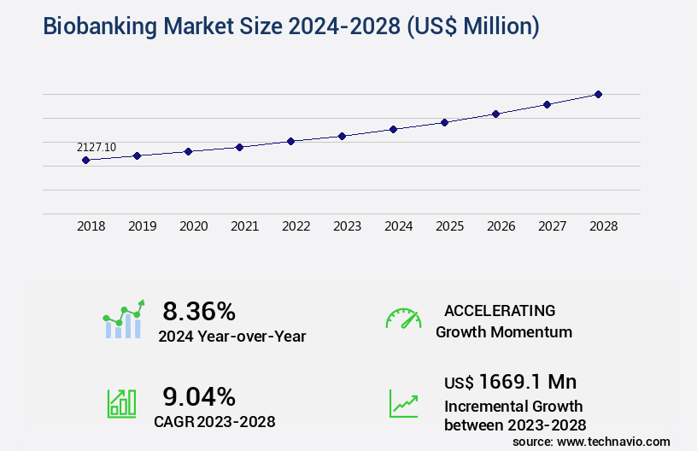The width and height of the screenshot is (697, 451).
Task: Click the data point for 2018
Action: click(x=85, y=160)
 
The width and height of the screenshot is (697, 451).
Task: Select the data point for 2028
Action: click(x=598, y=94)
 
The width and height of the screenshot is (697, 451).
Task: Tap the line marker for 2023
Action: click(x=342, y=136)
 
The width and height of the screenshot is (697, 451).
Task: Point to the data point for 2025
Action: click(x=444, y=122)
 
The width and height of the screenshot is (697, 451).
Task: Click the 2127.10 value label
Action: click(x=97, y=147)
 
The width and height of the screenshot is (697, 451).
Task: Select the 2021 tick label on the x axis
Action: click(x=244, y=226)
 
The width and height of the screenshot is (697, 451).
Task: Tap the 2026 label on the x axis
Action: click(x=501, y=226)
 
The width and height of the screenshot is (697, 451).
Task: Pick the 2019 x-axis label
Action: click(x=142, y=226)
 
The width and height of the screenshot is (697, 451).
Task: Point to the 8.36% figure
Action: click(x=199, y=311)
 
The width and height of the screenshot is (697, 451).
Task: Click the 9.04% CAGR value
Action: click(x=199, y=396)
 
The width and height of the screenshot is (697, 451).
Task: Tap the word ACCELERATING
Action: click(x=500, y=311)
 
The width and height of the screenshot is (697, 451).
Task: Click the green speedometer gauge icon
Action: click(x=403, y=319)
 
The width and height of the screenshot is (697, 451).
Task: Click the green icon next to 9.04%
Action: click(x=121, y=403)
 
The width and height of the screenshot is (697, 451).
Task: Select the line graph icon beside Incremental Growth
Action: click(x=403, y=403)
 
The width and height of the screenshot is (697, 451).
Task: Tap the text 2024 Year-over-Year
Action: click(x=231, y=337)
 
